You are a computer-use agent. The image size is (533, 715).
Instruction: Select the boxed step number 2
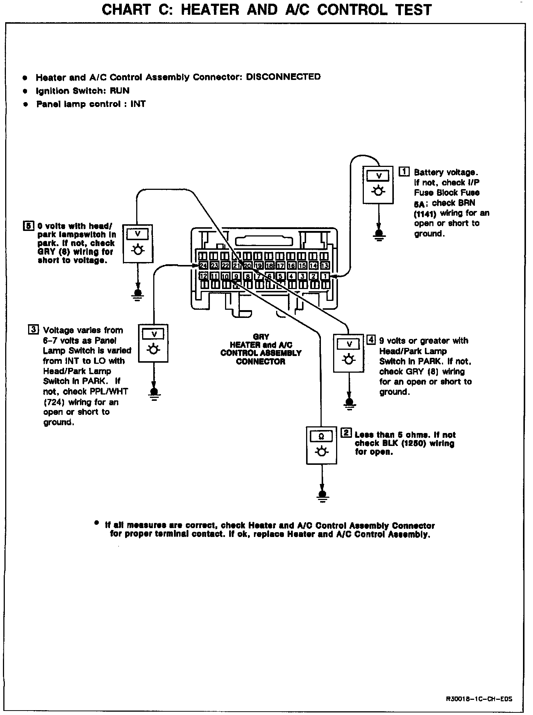tap(346, 433)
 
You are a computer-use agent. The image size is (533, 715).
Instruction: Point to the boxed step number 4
tap(371, 340)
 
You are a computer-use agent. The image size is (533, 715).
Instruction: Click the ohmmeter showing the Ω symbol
tap(322, 445)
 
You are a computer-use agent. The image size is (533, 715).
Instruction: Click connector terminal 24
tap(203, 265)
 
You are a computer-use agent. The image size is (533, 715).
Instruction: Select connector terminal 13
tap(325, 265)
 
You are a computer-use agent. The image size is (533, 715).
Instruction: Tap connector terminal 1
tap(325, 276)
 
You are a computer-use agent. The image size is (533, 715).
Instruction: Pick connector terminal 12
tap(203, 276)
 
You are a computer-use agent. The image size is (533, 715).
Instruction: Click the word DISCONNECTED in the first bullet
tap(283, 77)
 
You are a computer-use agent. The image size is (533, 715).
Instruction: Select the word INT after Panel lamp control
tap(138, 104)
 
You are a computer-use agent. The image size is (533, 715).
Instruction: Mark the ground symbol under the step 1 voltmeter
tap(378, 235)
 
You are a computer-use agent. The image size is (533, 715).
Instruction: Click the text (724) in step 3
tap(55, 402)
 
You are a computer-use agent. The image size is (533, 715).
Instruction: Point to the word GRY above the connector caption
tap(261, 337)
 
